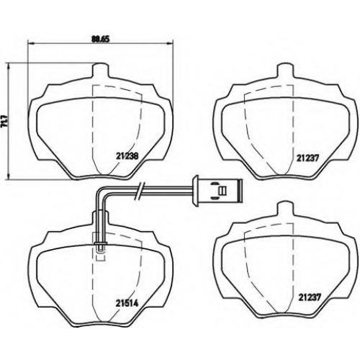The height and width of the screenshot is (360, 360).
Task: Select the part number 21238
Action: click(x=127, y=156)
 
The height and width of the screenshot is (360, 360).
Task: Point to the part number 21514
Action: click(x=127, y=304)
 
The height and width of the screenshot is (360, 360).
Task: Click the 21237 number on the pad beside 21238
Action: click(x=307, y=158)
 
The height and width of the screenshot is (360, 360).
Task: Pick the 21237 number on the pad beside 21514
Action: click(x=310, y=297)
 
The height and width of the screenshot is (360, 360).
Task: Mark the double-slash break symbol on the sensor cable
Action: click(x=140, y=191)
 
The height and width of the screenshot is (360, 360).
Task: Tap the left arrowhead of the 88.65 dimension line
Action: click(x=32, y=43)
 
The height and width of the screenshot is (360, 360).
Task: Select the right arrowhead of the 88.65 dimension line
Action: click(x=170, y=43)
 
